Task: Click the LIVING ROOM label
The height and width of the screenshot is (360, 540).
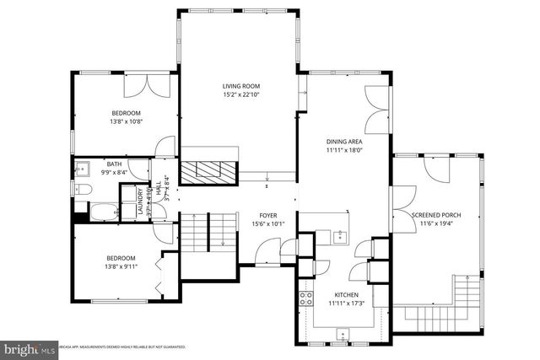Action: pyautogui.click(x=240, y=86)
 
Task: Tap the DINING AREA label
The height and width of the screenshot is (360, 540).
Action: pyautogui.click(x=344, y=142)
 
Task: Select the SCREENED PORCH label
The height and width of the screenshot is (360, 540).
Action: pyautogui.click(x=436, y=215)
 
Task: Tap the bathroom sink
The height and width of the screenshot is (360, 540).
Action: pyautogui.click(x=84, y=167)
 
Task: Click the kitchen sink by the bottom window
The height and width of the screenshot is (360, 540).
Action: pyautogui.click(x=342, y=335)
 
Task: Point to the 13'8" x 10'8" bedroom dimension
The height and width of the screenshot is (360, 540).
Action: pyautogui.click(x=126, y=121)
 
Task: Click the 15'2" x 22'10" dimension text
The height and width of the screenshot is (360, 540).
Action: pyautogui.click(x=240, y=94)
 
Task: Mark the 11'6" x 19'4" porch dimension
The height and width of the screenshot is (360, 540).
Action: pyautogui.click(x=436, y=223)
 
